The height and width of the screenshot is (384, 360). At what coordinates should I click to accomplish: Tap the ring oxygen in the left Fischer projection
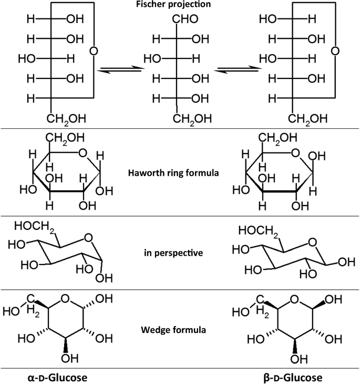tap(93, 52)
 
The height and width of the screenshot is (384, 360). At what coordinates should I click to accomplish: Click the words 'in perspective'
tap(180, 252)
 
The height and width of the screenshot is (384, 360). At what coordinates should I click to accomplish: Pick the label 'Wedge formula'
tap(180, 331)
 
